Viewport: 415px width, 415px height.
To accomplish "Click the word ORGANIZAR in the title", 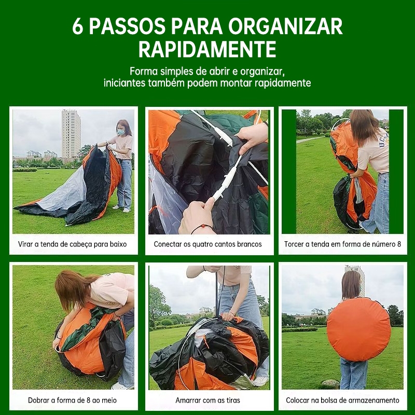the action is (286, 26).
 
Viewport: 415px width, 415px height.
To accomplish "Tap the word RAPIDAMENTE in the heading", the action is (208, 49).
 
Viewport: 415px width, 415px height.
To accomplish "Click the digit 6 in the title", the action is (77, 26).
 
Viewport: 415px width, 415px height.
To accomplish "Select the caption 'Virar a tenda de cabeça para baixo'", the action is (72, 244).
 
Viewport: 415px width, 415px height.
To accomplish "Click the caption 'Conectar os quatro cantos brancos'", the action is (208, 244).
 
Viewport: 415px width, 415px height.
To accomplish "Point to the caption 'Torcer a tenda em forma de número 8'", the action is (342, 244).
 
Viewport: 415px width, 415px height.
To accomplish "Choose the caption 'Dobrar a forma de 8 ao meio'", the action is (72, 400).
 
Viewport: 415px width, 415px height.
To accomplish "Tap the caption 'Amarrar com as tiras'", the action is (208, 400).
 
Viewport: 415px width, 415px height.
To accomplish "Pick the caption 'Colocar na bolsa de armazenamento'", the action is (342, 400).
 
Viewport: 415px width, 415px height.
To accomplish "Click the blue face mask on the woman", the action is (121, 131).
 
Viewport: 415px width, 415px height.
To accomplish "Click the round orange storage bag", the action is (359, 329).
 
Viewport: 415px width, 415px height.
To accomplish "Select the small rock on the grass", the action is (330, 383).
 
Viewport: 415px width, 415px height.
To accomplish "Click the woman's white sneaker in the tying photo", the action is (260, 381).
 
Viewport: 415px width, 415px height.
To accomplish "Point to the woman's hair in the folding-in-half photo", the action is (73, 289).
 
